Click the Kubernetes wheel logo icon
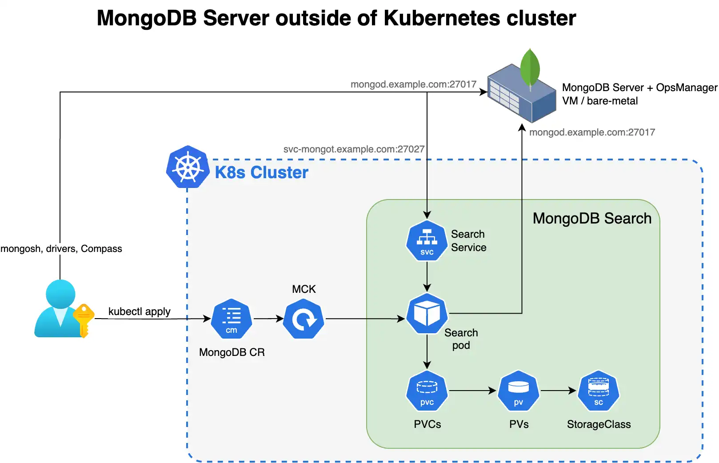[x=188, y=168]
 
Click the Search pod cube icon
[x=427, y=314]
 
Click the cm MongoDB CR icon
[x=232, y=319]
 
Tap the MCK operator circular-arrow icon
[x=304, y=319]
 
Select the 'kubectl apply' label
[x=139, y=311]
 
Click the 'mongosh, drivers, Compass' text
[x=61, y=249]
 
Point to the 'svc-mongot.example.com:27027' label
[x=354, y=149]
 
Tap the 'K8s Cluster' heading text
[x=261, y=172]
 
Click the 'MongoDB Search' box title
[x=592, y=219]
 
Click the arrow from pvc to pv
[x=472, y=391]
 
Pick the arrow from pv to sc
[x=558, y=391]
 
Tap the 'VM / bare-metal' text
[x=599, y=101]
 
